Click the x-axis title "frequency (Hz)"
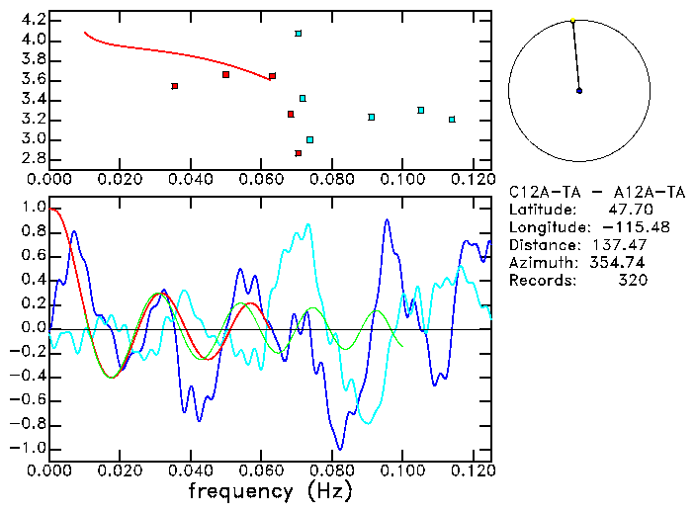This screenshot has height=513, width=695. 271,491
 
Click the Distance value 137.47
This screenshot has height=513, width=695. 619,245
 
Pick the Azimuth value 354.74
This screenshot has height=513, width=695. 619,263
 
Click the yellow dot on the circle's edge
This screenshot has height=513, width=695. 572,20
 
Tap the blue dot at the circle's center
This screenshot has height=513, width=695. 579,90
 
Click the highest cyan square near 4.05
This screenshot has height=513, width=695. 298,34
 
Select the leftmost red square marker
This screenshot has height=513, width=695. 175,86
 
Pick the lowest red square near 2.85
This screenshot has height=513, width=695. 298,153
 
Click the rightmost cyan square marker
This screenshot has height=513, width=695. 452,120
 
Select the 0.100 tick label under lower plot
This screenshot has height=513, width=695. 402,470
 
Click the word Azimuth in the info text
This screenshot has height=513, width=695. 539,263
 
